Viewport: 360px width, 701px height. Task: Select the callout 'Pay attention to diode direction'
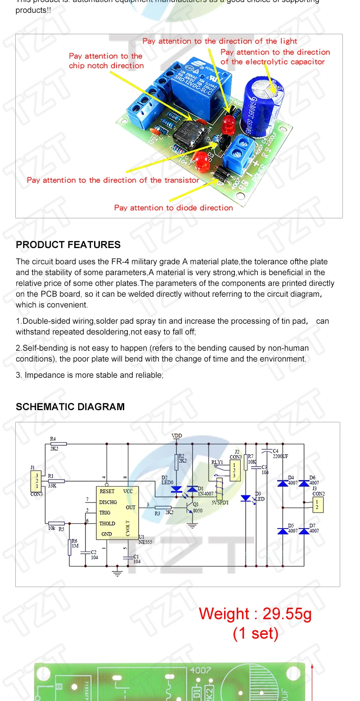click(173, 208)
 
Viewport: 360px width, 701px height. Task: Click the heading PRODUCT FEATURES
click(68, 244)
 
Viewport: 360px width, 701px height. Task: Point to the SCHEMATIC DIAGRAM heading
click(70, 407)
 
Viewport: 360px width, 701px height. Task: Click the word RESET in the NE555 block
click(107, 491)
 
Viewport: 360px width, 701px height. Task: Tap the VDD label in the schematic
click(177, 436)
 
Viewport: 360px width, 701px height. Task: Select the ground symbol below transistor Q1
click(193, 525)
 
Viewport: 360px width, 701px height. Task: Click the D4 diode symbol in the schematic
click(283, 484)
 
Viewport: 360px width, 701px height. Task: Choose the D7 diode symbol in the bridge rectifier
click(304, 531)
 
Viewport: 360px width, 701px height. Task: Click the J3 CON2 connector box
click(318, 504)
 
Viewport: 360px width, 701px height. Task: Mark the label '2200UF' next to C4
click(280, 456)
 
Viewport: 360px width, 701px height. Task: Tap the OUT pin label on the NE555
click(130, 507)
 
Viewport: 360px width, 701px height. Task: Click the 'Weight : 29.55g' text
click(255, 614)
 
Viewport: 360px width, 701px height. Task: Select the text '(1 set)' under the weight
click(256, 633)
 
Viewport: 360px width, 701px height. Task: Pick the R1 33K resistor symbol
click(56, 481)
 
